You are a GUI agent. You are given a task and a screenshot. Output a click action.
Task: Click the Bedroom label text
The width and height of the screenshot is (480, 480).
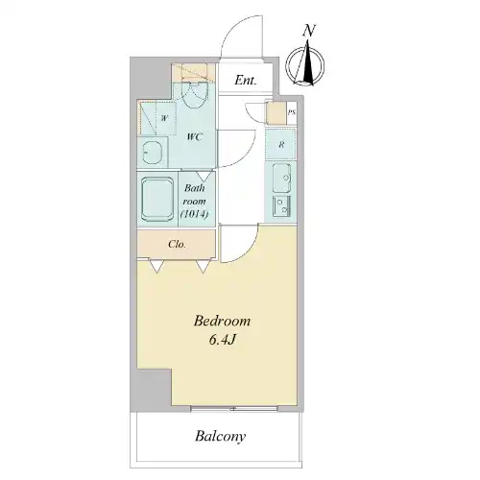[222, 321]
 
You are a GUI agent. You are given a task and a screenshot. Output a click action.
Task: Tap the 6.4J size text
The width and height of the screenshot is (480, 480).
[223, 340]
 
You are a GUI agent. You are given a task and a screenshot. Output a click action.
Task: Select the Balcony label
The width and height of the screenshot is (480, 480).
[221, 436]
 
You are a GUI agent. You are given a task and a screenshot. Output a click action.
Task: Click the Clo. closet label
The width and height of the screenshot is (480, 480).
[177, 245]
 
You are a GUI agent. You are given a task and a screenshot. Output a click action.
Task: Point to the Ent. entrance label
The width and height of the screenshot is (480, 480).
[246, 80]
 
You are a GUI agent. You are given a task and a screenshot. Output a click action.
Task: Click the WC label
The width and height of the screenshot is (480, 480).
[195, 137]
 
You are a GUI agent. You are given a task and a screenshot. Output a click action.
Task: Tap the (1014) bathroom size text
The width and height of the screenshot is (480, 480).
[195, 214]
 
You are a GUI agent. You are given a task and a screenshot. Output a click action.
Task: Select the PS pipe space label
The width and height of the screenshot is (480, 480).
[292, 112]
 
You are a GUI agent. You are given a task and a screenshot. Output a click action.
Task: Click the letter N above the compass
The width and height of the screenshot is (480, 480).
[309, 31]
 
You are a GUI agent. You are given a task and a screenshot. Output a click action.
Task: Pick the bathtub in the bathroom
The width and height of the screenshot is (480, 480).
[157, 200]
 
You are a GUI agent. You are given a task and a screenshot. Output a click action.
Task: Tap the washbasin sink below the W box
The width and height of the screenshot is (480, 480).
[152, 153]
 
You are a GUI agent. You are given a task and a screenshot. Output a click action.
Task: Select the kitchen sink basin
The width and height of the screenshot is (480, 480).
[281, 178]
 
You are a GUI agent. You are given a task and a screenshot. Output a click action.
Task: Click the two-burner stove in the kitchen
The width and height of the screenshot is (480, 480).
[281, 206]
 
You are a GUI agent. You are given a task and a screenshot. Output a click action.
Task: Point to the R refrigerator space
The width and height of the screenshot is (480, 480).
[280, 144]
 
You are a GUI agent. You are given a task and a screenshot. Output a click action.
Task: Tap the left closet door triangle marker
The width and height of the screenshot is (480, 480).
[156, 266]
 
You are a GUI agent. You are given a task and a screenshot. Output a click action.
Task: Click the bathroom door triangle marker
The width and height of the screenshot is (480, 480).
[204, 176]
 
